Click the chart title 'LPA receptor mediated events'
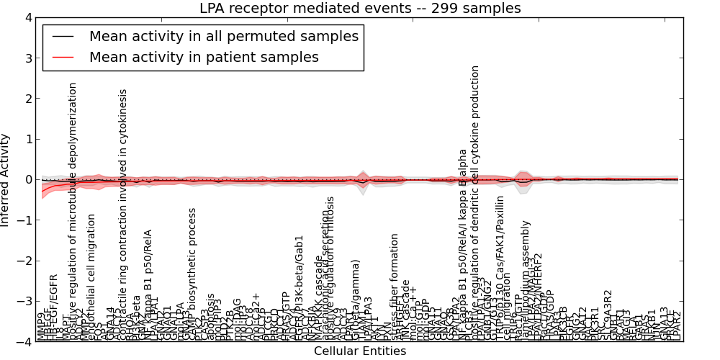(359, 8)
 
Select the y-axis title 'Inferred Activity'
(6, 180)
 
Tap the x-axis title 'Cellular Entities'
(359, 351)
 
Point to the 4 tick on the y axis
(27, 18)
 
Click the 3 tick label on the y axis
(27, 58)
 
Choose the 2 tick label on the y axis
(27, 99)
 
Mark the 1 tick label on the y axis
(27, 139)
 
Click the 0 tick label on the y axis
(27, 180)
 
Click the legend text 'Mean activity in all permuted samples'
(223, 36)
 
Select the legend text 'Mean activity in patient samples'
(204, 57)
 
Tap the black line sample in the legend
(63, 36)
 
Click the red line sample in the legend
(63, 57)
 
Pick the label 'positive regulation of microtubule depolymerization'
(73, 209)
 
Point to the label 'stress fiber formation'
(395, 287)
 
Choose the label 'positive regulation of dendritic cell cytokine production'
(475, 202)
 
